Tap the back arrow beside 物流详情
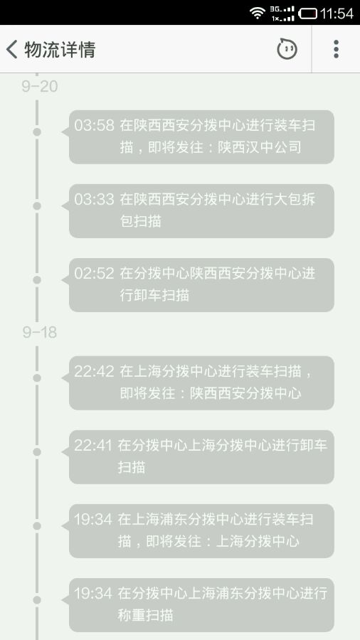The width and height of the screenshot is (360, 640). click(11, 49)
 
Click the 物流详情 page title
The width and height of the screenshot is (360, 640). click(60, 49)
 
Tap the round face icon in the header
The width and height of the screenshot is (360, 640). click(287, 49)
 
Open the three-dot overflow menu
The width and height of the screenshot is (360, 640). click(336, 49)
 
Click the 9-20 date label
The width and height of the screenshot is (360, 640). click(40, 87)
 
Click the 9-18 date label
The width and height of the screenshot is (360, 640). click(40, 332)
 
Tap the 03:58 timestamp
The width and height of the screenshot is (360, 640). click(94, 125)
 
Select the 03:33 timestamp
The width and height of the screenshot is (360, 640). click(94, 199)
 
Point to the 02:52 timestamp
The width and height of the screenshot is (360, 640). click(94, 273)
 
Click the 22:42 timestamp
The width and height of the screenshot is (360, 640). click(94, 371)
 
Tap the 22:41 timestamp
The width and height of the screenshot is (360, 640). click(92, 445)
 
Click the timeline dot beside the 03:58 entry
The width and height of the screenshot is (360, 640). click(37, 132)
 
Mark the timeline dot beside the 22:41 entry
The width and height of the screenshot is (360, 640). click(37, 452)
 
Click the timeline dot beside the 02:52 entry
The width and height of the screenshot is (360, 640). click(37, 280)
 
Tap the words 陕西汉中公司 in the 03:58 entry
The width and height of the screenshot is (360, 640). click(259, 147)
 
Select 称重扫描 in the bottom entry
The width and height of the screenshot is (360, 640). click(146, 614)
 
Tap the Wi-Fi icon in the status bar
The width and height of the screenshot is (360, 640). click(258, 13)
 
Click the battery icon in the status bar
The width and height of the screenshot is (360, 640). click(308, 14)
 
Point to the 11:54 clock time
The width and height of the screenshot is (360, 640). click(337, 14)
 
